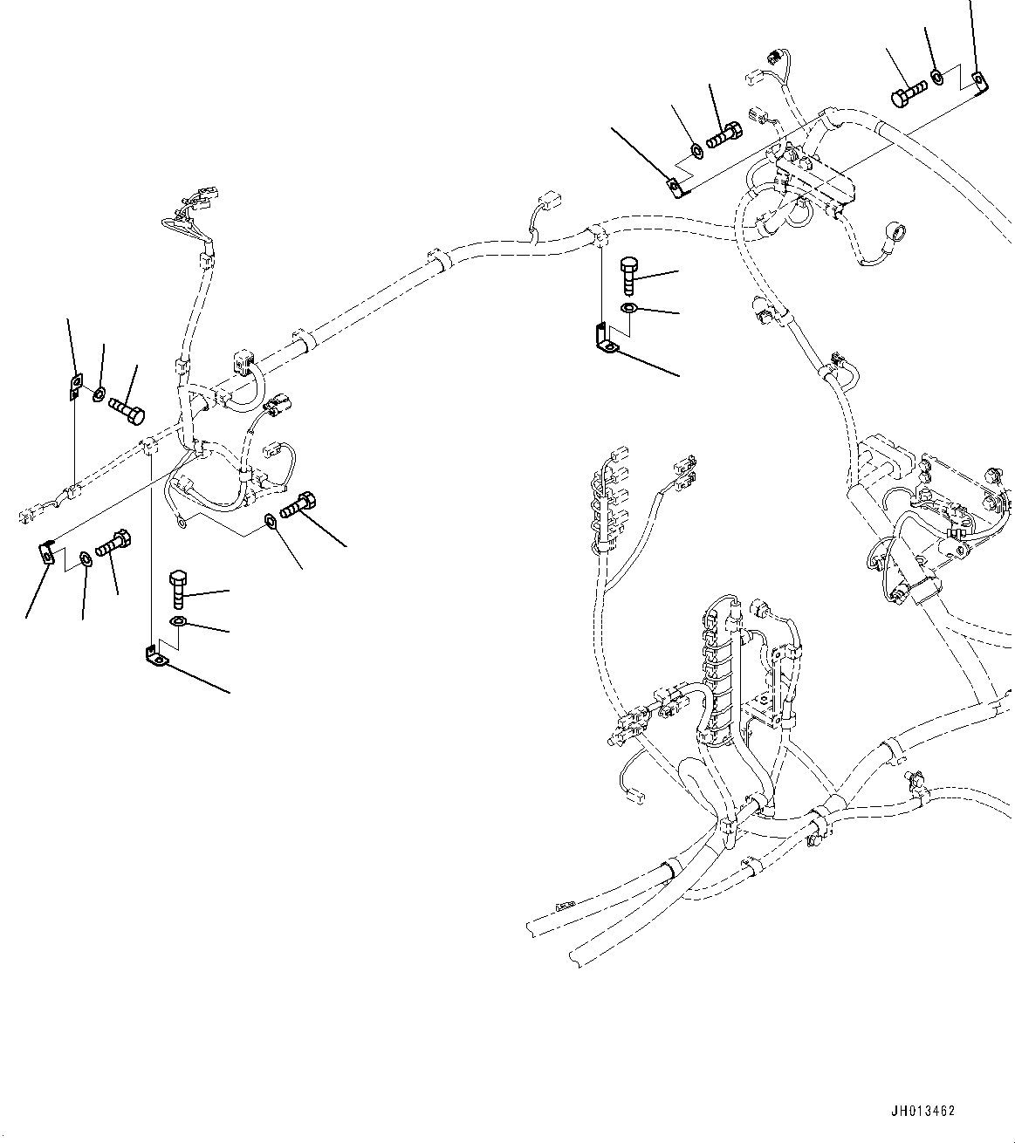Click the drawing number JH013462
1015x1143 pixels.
point(923,1112)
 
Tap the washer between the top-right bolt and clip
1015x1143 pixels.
point(936,79)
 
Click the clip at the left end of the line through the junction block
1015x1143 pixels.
point(675,186)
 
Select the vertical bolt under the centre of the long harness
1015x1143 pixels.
point(630,275)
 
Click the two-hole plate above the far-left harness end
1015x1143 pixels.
point(76,384)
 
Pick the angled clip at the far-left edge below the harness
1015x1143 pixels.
point(47,552)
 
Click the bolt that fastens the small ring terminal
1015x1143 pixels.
point(298,505)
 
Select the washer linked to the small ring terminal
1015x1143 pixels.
point(270,523)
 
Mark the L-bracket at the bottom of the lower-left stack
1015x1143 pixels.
point(155,656)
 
